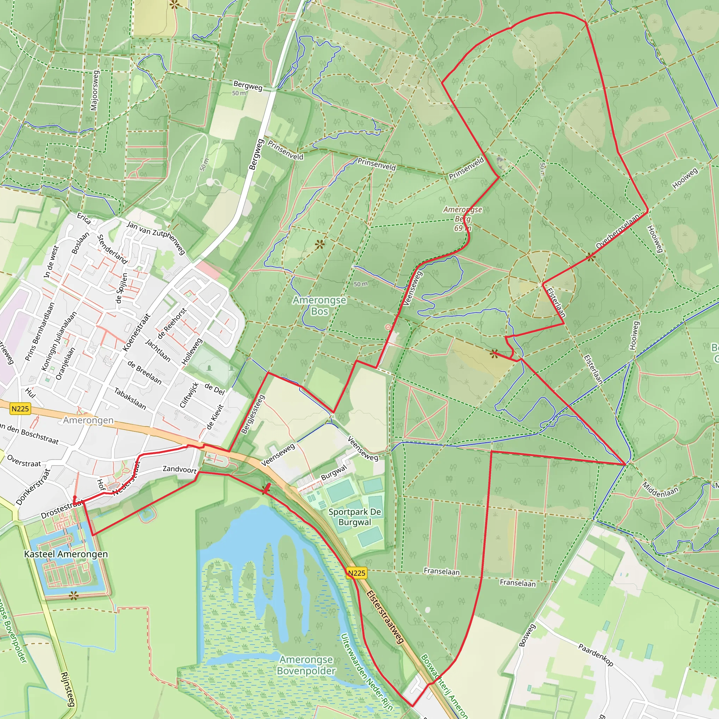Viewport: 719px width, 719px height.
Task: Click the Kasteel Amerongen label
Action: [66, 554]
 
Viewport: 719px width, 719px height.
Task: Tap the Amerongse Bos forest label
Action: [319, 305]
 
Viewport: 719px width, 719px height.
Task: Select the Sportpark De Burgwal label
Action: [355, 517]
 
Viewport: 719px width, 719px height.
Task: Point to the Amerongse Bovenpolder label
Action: [306, 665]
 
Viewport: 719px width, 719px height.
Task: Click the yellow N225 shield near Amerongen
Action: [20, 409]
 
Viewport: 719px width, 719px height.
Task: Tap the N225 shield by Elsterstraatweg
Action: [357, 573]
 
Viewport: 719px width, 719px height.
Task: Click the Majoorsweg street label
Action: [94, 91]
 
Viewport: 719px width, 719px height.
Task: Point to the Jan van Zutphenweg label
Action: [156, 237]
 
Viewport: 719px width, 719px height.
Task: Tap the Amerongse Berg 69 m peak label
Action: [463, 219]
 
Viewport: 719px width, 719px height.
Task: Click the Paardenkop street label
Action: [595, 655]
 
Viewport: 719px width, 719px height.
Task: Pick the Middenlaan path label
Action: [660, 490]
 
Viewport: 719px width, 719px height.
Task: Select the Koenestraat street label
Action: [137, 332]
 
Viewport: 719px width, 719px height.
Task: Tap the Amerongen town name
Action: [88, 420]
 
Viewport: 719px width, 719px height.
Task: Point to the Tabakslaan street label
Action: [130, 398]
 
